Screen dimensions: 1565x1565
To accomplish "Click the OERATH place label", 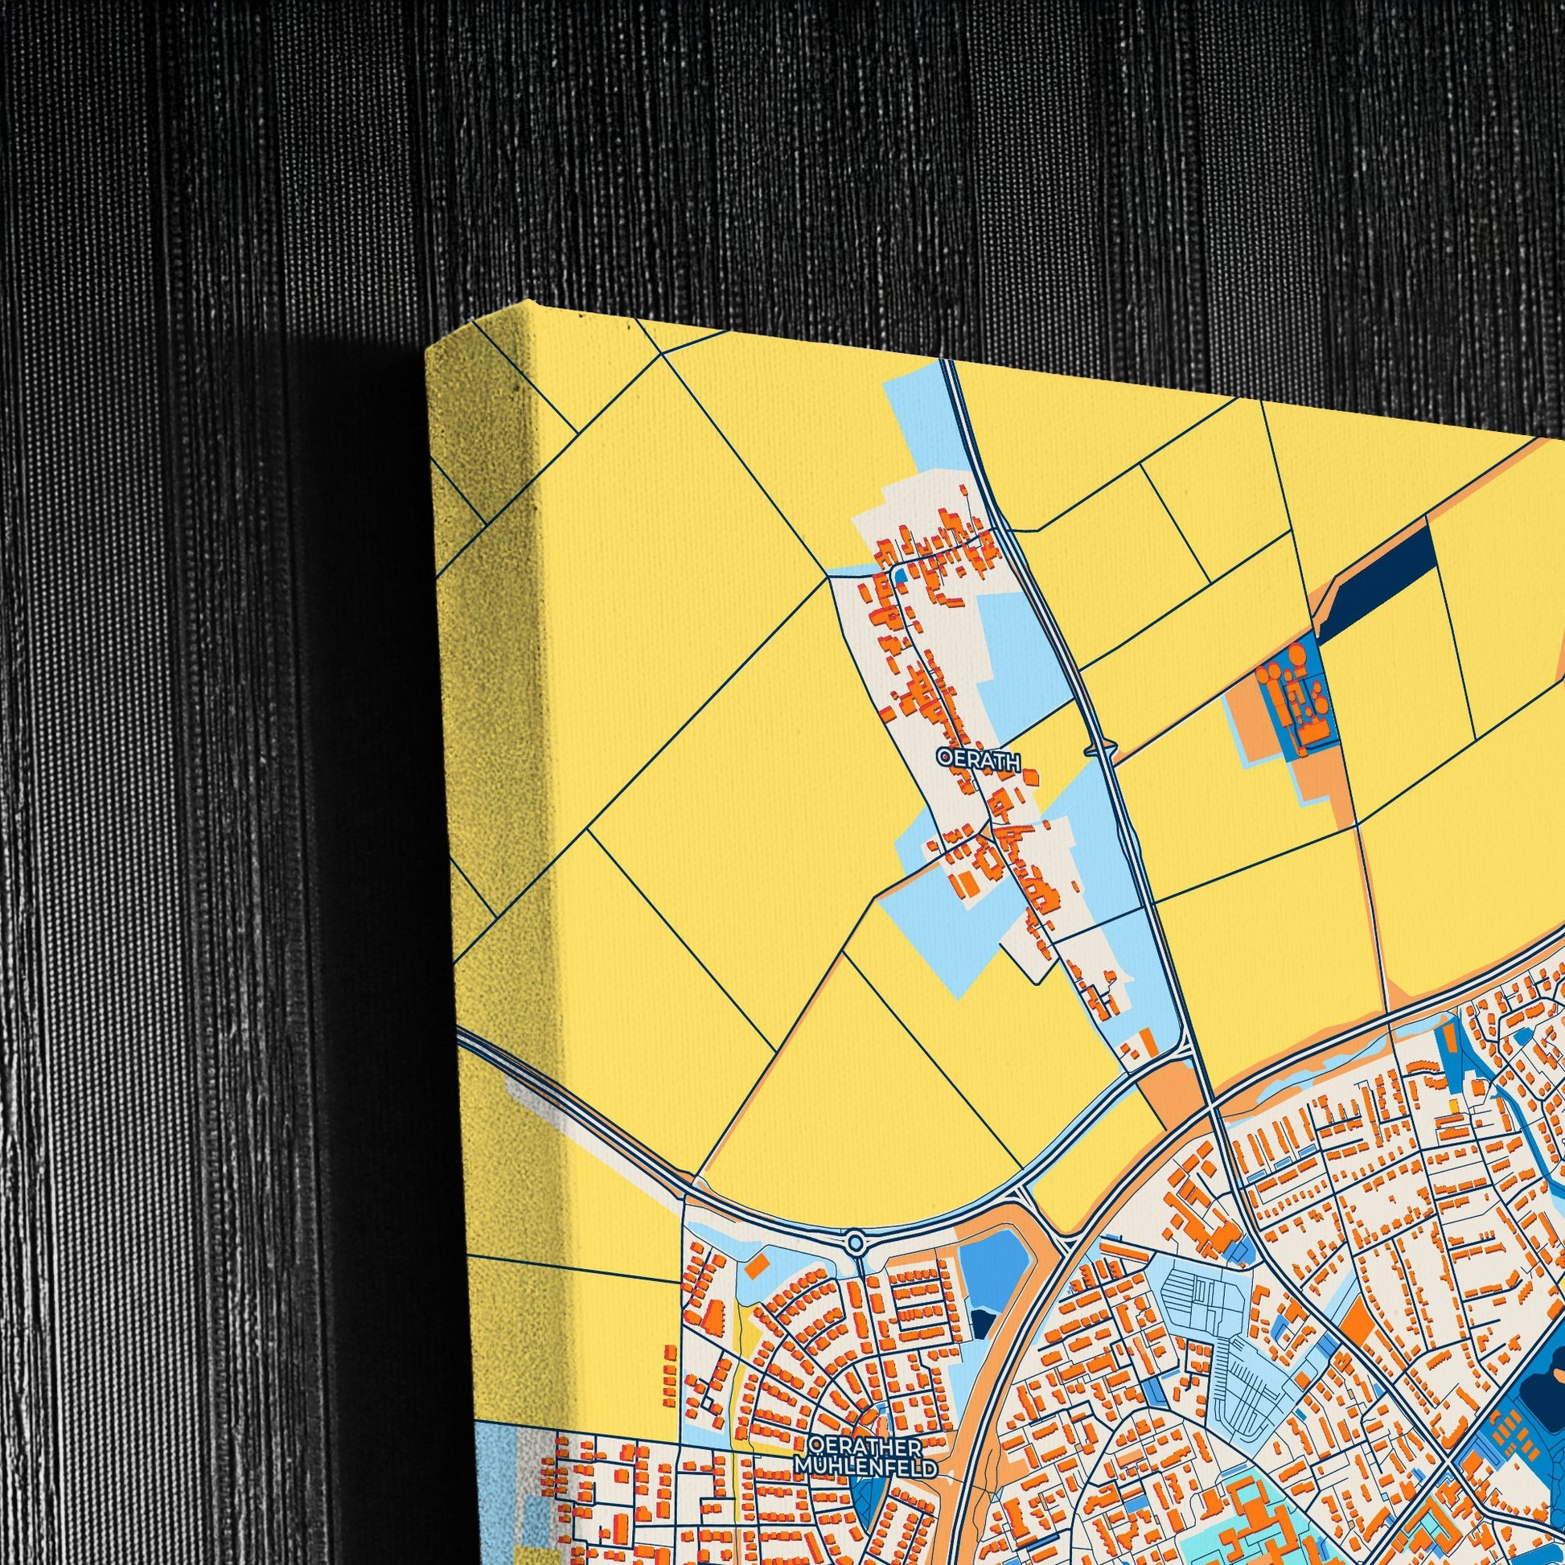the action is point(977,758).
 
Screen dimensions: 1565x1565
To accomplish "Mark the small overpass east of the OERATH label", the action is point(1103,752).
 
